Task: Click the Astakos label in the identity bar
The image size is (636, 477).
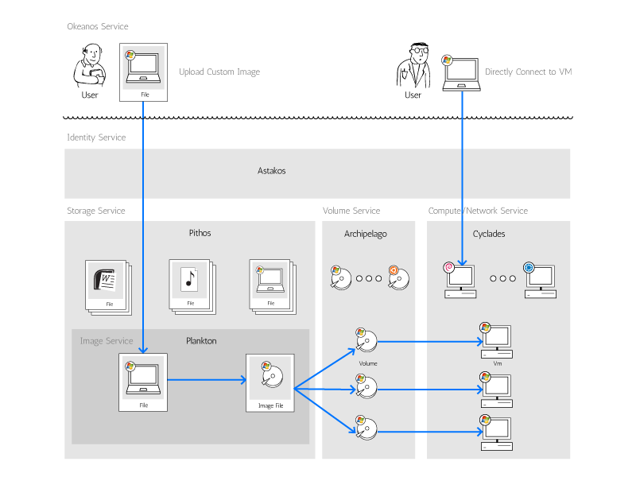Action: point(271,171)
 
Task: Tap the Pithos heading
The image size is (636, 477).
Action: point(200,234)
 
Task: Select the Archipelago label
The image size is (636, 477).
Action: point(365,235)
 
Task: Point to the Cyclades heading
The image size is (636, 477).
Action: point(489,235)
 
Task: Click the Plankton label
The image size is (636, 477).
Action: point(201,341)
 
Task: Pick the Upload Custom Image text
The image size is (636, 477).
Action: point(219,72)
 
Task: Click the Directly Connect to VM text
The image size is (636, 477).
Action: point(528,72)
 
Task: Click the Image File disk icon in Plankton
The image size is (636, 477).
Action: point(270,379)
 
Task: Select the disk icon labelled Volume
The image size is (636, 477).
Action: point(367,341)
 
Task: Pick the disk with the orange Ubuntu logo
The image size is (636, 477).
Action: point(399,277)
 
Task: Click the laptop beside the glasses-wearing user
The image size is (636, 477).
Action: point(461,72)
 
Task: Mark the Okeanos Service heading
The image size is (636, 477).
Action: point(98,27)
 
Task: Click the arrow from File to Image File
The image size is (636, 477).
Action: point(207,380)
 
